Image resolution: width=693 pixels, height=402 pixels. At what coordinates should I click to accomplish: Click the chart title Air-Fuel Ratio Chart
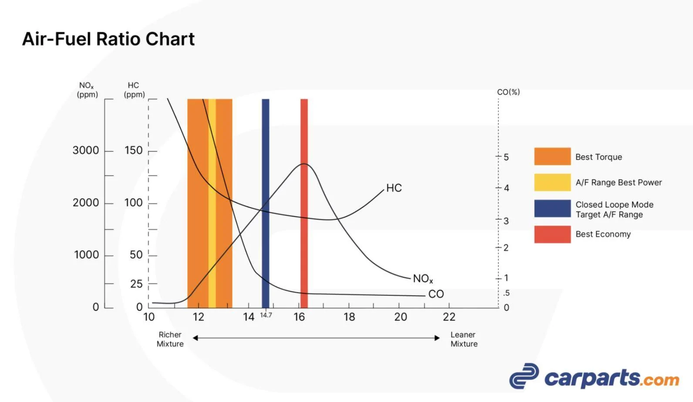108,39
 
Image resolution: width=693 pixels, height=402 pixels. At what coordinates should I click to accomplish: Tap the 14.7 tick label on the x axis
266,315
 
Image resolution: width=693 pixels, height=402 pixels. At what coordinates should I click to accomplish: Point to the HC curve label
394,188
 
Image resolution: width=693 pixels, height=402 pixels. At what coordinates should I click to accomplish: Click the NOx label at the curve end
423,278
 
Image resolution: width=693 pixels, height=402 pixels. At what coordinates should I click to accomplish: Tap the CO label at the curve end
436,294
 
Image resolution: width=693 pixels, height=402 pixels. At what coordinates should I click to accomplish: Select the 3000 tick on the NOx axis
86,151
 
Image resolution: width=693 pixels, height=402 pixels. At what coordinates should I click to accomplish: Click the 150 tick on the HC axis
134,151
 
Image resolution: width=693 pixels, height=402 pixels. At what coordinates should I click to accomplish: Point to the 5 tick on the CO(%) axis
506,157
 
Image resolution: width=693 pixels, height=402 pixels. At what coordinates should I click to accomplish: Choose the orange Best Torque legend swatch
552,157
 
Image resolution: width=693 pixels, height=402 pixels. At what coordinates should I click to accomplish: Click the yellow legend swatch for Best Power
552,182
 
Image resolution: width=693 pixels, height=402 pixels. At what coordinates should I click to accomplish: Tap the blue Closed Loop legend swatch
552,208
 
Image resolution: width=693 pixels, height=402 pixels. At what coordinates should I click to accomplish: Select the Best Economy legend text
603,234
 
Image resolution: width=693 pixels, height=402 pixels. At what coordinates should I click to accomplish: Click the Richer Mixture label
170,339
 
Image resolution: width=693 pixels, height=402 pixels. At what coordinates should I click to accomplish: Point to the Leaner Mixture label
464,339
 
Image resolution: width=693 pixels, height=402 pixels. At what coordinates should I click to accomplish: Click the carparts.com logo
594,377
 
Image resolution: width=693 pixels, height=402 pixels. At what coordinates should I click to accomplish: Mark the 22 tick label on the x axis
449,317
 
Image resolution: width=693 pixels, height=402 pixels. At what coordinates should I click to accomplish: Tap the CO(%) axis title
508,92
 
